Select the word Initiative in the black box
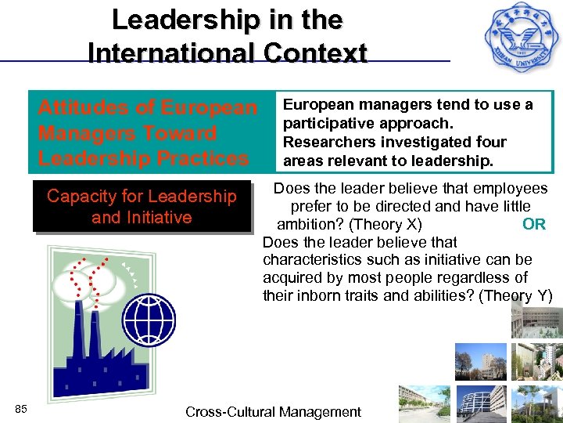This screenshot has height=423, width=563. (156, 217)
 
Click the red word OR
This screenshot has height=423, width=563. (534, 224)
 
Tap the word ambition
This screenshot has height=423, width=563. (307, 224)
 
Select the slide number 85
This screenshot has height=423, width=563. (21, 409)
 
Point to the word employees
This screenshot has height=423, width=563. (510, 188)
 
